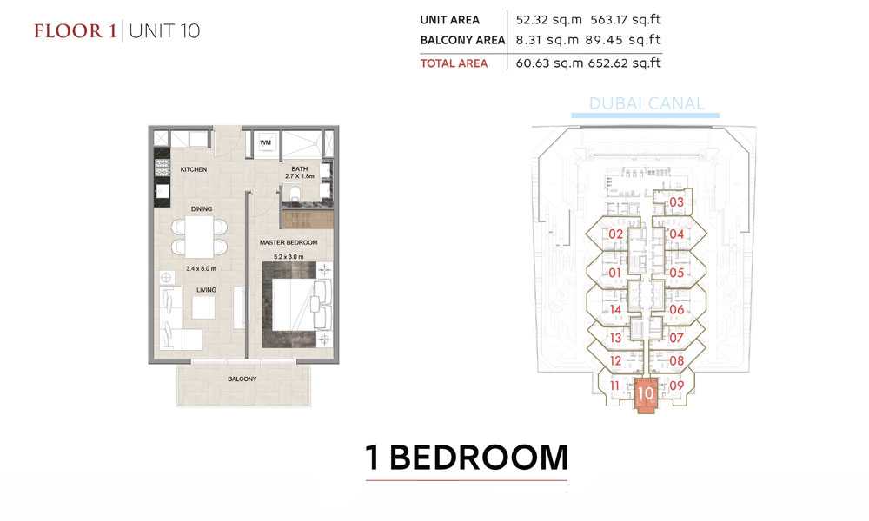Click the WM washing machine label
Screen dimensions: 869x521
click(x=265, y=142)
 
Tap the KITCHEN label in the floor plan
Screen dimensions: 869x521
click(x=194, y=169)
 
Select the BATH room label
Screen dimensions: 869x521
click(x=299, y=168)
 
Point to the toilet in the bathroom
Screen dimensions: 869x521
click(x=295, y=194)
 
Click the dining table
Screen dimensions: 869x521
click(x=199, y=236)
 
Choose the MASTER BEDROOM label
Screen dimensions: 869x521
click(x=289, y=242)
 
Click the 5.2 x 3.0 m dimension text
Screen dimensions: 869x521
click(x=289, y=257)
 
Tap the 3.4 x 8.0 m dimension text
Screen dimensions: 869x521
click(x=202, y=268)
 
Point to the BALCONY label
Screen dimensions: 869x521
click(x=242, y=379)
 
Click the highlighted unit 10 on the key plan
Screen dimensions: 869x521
click(x=645, y=395)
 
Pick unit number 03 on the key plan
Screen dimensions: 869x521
click(x=677, y=202)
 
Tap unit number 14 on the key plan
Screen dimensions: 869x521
click(x=615, y=309)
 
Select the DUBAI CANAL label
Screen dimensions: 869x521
click(x=647, y=103)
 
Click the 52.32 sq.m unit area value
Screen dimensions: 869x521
click(x=548, y=20)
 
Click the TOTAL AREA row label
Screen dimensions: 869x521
click(x=454, y=63)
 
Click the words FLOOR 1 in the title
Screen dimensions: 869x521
click(x=76, y=31)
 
